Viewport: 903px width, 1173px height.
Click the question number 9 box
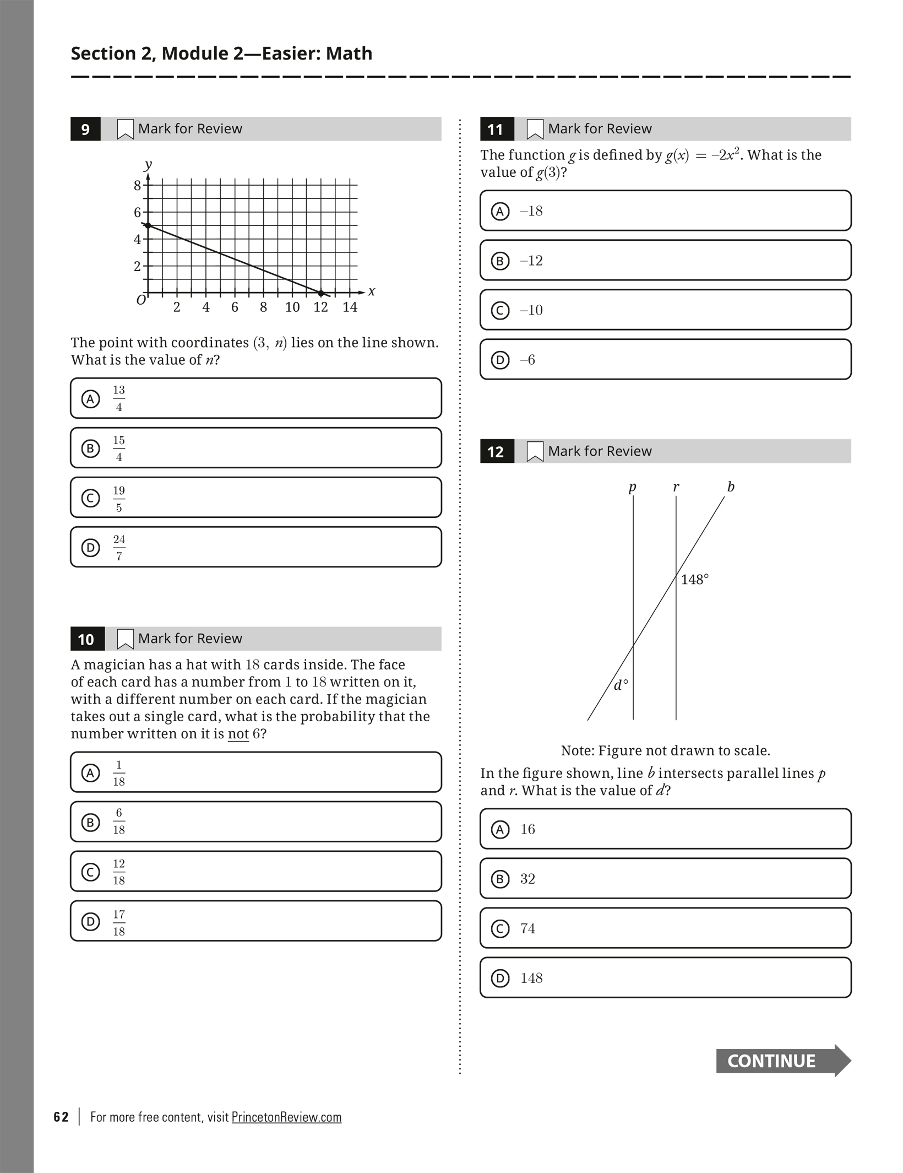(85, 129)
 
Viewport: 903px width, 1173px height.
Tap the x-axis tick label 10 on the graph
(292, 307)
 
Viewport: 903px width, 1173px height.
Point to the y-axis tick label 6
(137, 212)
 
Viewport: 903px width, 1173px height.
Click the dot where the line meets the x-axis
(321, 293)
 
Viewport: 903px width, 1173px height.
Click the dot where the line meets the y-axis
(148, 225)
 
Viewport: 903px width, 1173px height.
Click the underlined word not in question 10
(238, 734)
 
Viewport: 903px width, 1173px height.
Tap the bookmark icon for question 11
(535, 129)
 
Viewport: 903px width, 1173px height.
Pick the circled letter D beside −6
(500, 360)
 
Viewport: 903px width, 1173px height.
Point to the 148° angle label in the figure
(694, 579)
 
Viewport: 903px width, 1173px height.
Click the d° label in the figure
(621, 685)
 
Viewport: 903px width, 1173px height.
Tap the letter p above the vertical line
(632, 487)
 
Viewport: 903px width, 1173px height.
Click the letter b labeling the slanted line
(731, 487)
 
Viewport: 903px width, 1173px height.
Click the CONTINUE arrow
(782, 1061)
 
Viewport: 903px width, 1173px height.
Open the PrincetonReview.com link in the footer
(286, 1117)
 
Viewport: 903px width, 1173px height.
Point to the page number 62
(61, 1117)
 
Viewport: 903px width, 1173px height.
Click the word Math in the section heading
(349, 53)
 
